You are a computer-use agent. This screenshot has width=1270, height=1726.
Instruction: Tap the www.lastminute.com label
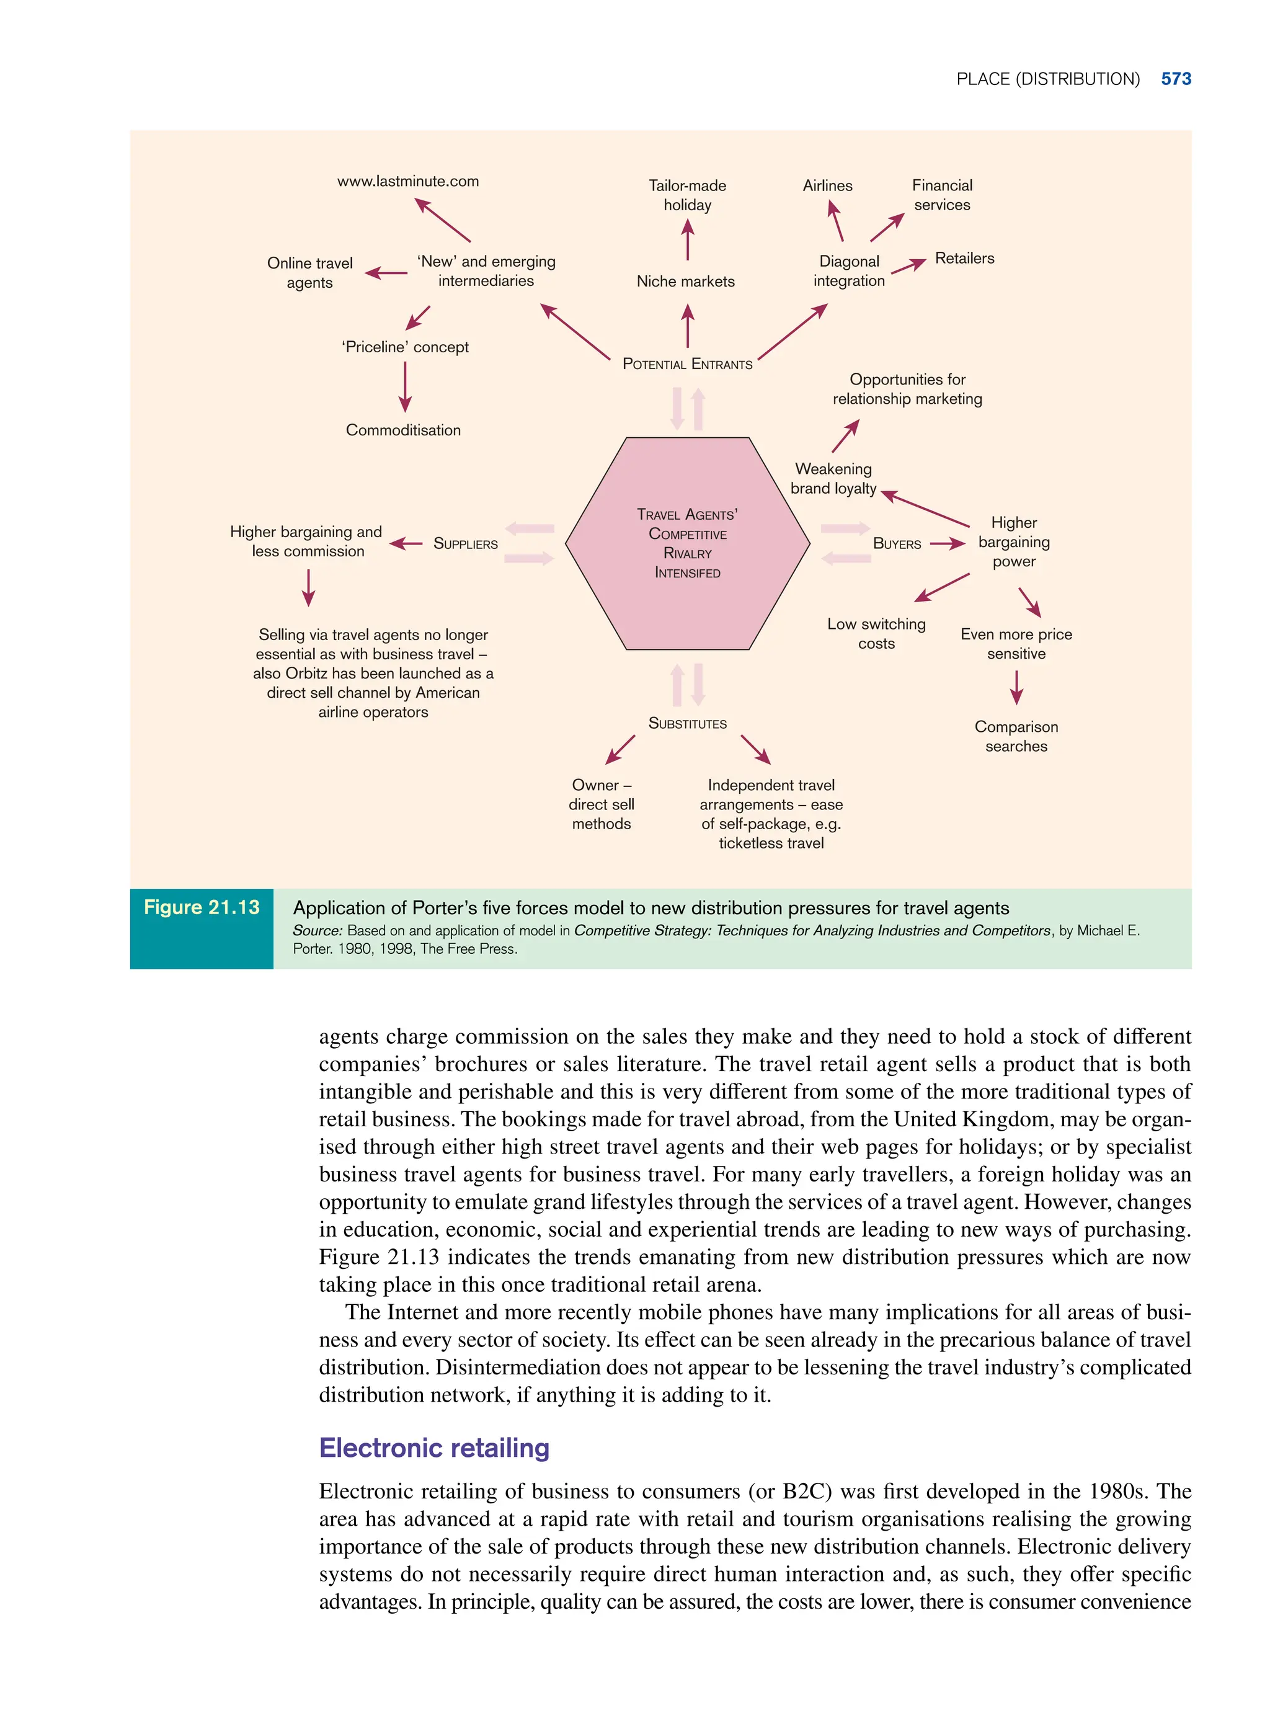pyautogui.click(x=407, y=182)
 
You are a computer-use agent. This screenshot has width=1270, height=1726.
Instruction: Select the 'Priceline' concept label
pyautogui.click(x=405, y=347)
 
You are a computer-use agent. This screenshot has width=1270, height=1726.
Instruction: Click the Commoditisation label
pyautogui.click(x=403, y=430)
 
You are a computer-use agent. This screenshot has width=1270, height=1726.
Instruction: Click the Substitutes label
pyautogui.click(x=687, y=724)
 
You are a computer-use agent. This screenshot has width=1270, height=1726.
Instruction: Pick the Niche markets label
pyautogui.click(x=685, y=282)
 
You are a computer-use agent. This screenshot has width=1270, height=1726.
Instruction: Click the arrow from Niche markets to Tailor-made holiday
pyautogui.click(x=687, y=240)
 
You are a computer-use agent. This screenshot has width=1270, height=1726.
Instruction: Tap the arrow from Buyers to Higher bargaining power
pyautogui.click(x=947, y=543)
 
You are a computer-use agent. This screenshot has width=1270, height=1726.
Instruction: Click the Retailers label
pyautogui.click(x=964, y=259)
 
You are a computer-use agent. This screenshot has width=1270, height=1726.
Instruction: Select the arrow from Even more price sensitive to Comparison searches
pyautogui.click(x=1016, y=687)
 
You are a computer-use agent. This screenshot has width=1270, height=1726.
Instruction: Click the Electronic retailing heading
pyautogui.click(x=434, y=1448)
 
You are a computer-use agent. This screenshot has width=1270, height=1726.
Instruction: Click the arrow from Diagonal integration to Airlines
pyautogui.click(x=836, y=221)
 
